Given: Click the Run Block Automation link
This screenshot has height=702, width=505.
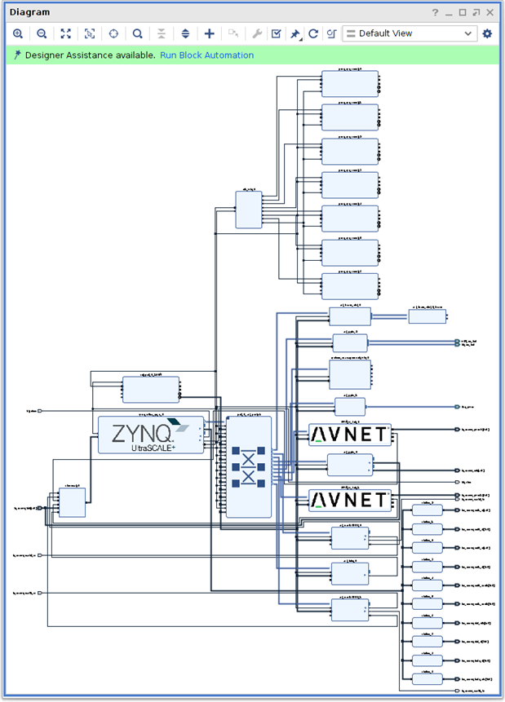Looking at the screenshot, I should (206, 55).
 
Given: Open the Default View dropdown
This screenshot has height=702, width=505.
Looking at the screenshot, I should (409, 33).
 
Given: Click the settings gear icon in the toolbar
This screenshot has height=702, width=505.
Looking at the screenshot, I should (487, 33).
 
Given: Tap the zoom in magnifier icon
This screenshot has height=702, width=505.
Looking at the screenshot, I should (18, 33).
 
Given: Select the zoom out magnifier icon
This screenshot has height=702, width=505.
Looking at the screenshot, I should (42, 33).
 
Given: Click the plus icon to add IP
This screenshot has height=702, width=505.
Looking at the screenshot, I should (210, 33).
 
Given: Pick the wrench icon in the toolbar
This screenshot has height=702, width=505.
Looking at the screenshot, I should (256, 33).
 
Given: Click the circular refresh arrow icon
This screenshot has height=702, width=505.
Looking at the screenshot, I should (313, 33).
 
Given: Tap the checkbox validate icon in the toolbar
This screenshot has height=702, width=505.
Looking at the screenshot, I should (276, 33).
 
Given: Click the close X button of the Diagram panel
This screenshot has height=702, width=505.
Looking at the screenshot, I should (490, 12).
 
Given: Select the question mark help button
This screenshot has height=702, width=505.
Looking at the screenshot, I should (435, 12).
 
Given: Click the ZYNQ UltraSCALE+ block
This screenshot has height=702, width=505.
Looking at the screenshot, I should (151, 435).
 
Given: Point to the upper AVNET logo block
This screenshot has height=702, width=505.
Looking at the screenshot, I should (350, 435).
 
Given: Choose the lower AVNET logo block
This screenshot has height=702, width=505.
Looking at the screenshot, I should (350, 499).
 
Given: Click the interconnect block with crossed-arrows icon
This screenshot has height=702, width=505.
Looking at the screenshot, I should (248, 466).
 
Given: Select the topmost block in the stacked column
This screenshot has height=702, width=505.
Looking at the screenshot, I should (350, 83).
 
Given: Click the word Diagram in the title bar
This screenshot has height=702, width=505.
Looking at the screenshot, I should (29, 12).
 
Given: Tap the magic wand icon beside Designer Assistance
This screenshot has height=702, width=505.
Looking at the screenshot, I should (17, 55).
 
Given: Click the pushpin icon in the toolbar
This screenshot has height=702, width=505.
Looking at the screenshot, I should (295, 33).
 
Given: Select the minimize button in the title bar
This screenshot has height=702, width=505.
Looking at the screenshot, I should (449, 12).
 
